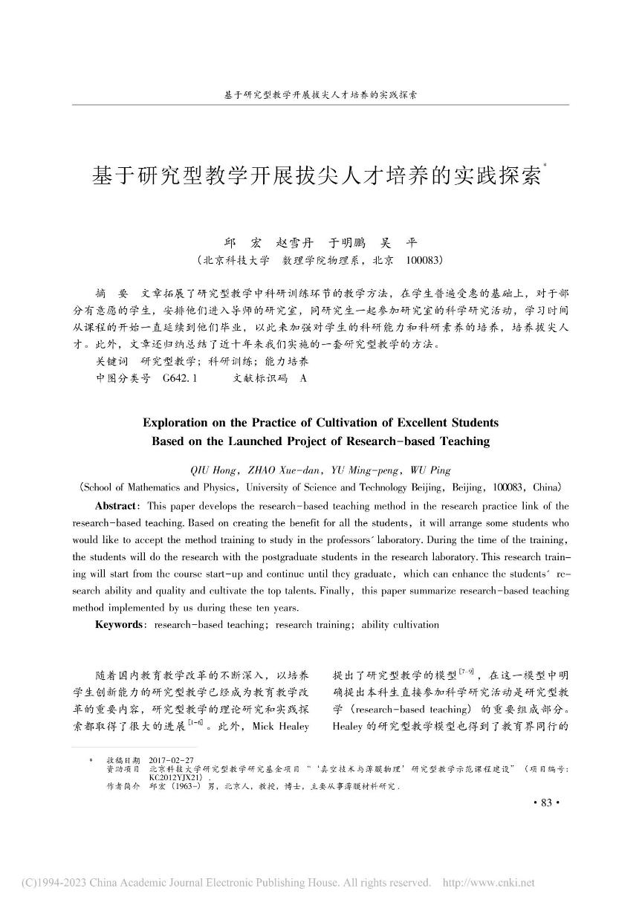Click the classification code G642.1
coord(181,378)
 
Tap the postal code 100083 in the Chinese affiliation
coord(425,261)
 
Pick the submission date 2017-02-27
coord(172,762)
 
